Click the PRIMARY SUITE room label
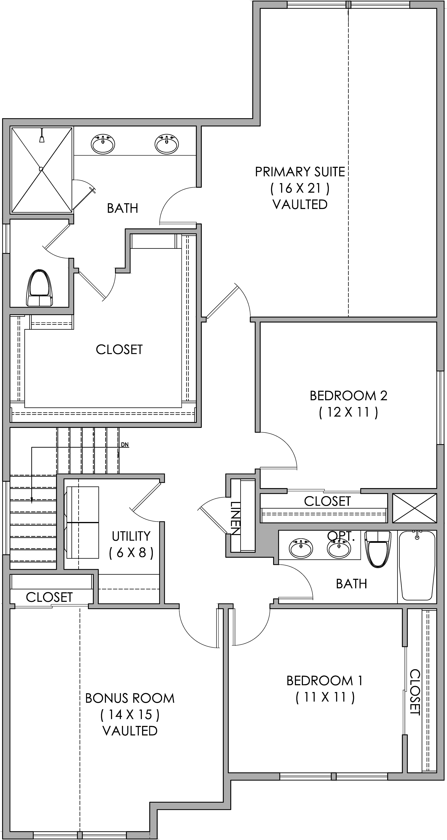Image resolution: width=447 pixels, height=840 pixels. pos(300,172)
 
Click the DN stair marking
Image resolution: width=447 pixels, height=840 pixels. pos(125,444)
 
